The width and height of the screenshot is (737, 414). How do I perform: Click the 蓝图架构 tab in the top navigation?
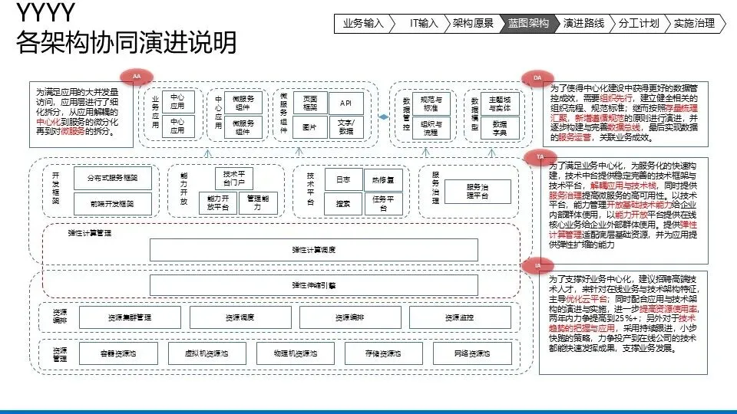tap(528, 23)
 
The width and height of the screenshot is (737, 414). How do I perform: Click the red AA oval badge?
tap(137, 77)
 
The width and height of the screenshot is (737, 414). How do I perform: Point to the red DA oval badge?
tap(537, 77)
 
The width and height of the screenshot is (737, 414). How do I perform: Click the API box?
tap(346, 103)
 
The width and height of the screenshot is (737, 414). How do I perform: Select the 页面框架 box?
tap(310, 103)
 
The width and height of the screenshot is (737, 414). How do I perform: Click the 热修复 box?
tap(383, 179)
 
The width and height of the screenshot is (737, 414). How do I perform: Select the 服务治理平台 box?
tap(477, 191)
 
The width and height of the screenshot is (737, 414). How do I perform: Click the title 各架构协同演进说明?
tap(127, 44)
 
